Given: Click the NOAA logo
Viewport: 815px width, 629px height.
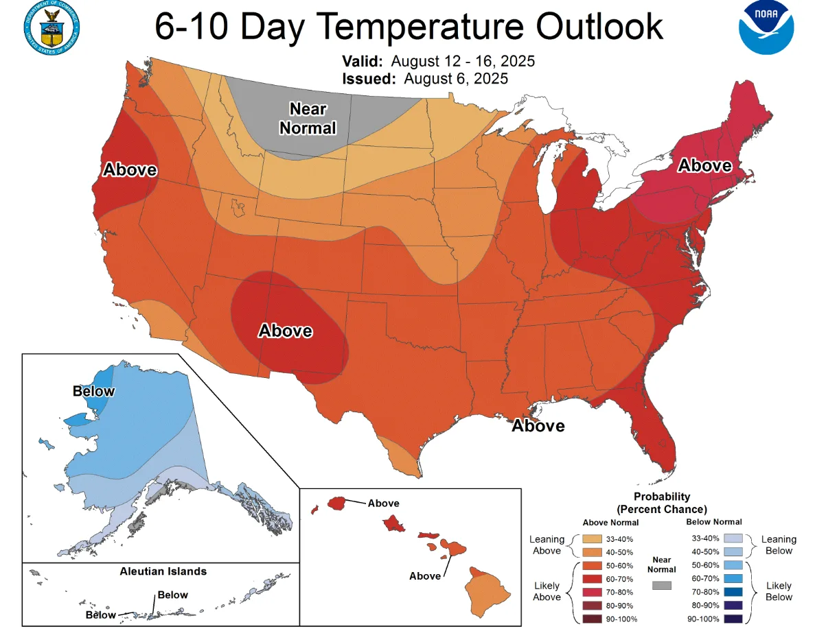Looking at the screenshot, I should pos(766,28).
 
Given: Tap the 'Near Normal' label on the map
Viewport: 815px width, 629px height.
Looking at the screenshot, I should pos(308,119).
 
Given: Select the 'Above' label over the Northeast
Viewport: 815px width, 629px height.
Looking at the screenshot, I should pos(704,165).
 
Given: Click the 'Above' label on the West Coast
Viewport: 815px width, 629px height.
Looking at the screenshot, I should pos(130,169).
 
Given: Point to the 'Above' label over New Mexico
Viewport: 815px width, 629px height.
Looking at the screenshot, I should pos(285,331).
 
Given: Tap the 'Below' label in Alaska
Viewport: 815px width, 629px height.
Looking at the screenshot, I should pos(93,391).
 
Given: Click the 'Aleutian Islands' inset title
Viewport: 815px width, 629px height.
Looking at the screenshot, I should pos(163,571).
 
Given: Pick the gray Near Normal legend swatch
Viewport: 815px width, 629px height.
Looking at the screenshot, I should pos(662,585).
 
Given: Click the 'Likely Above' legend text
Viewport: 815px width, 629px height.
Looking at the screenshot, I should pos(547,591).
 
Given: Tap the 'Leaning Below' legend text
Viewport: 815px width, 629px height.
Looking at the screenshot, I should pos(779,545).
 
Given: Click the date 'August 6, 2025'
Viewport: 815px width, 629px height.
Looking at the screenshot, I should pos(455,78).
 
